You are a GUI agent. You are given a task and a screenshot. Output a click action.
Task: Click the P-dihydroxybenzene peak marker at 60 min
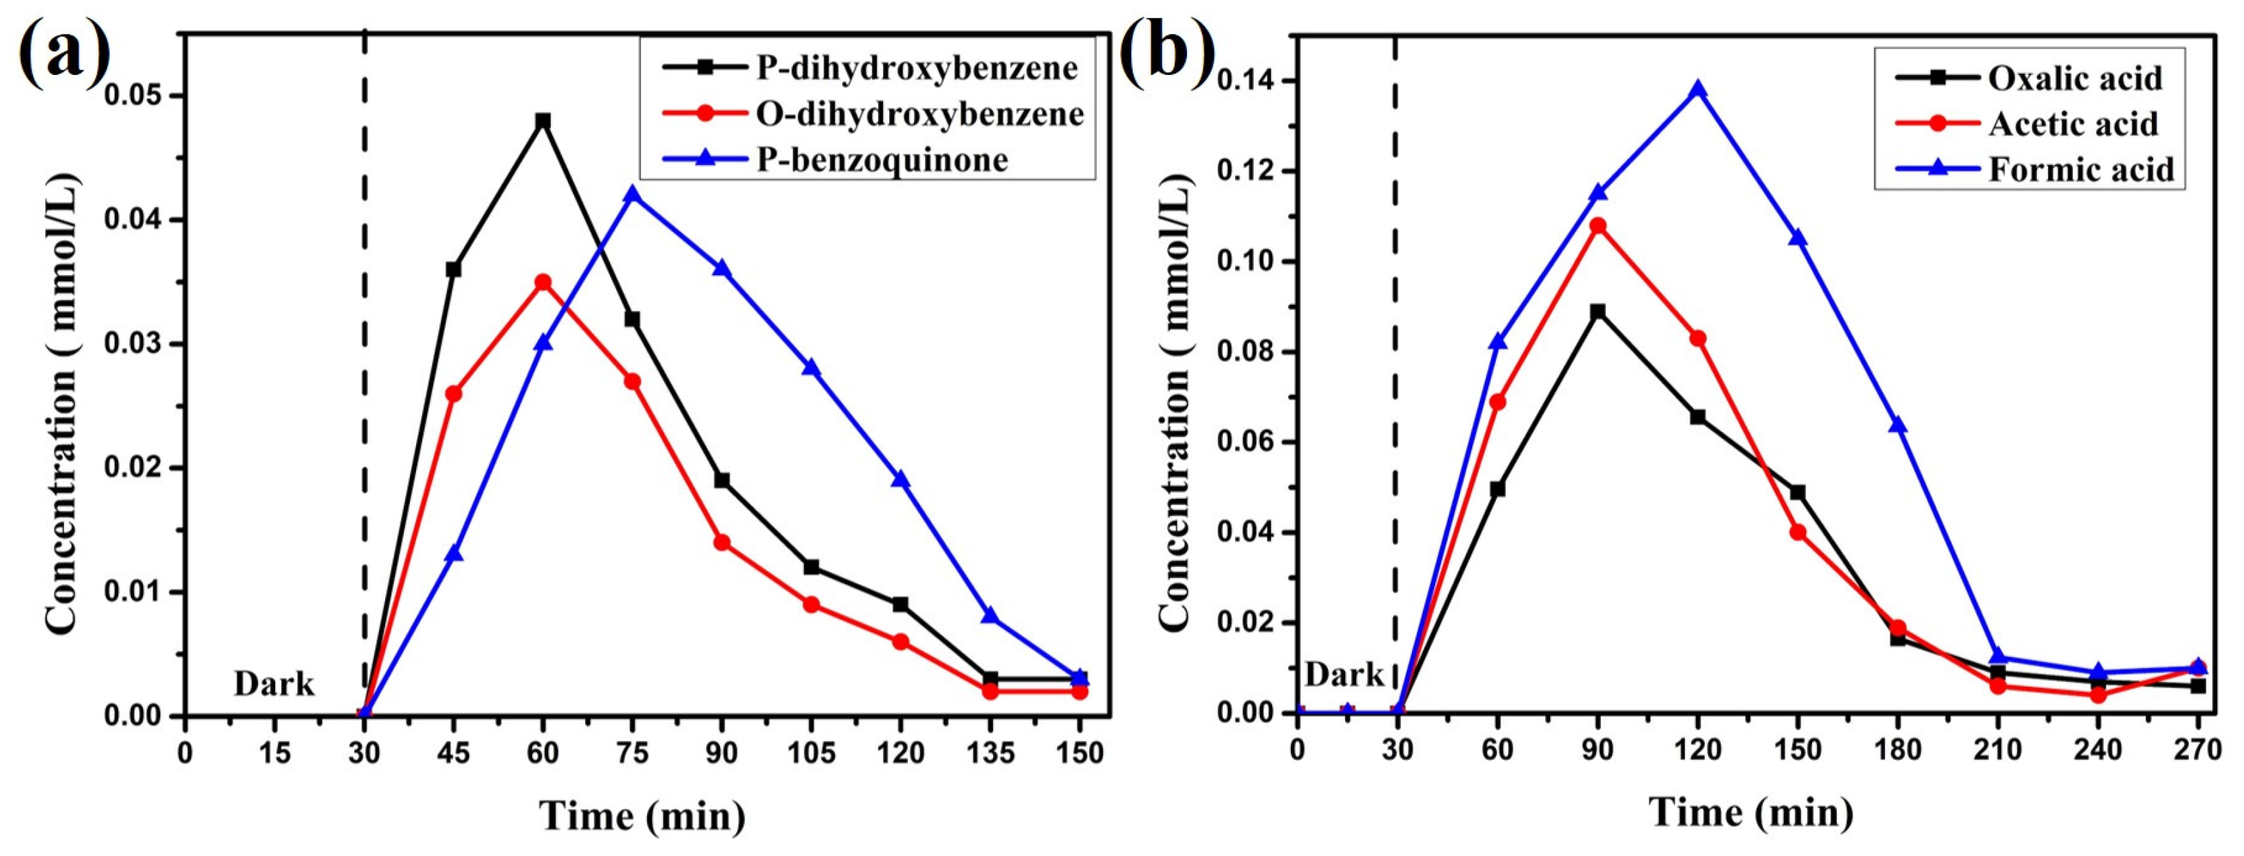[x=543, y=120]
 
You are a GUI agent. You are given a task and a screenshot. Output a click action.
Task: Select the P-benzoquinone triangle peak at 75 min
[x=633, y=193]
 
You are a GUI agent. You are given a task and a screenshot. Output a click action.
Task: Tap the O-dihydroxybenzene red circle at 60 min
[x=543, y=282]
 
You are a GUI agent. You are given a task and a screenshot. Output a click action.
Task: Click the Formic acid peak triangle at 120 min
[x=1697, y=89]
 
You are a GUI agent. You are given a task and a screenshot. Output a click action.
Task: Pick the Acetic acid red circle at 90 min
[x=1598, y=226]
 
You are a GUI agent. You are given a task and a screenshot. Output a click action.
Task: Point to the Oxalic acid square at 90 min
[x=1598, y=311]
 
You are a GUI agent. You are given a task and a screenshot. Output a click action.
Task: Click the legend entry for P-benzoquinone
[x=882, y=160]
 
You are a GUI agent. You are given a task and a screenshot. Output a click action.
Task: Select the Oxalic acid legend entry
[x=2074, y=78]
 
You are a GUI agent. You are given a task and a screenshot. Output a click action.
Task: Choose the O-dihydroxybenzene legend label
[x=919, y=114]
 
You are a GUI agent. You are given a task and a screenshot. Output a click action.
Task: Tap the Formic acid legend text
[x=2081, y=169]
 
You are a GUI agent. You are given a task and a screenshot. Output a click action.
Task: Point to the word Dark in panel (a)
[x=274, y=684]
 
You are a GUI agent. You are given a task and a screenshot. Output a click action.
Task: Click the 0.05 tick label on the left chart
[x=136, y=96]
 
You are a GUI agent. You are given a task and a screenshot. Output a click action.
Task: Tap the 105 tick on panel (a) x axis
[x=811, y=752]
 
